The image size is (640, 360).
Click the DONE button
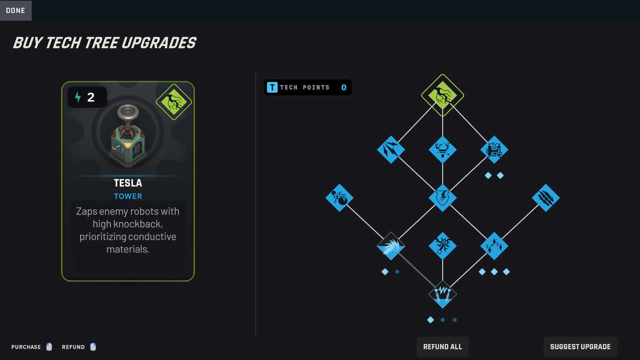coord(16,10)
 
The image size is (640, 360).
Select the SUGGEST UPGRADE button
coord(580,347)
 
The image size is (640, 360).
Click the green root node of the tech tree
coord(442,95)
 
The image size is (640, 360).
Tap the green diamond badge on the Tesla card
coord(174,102)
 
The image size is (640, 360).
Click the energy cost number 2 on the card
coord(91,97)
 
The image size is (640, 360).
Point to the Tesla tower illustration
coord(128,136)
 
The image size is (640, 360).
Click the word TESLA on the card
coord(128,183)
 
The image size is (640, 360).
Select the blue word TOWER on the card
coord(128,196)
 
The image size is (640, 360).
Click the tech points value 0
coord(344,87)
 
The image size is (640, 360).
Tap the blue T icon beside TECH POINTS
coord(272,87)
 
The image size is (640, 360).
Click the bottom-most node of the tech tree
coord(442,294)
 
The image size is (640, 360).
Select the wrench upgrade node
coord(442,246)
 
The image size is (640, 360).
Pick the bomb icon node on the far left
coord(340,198)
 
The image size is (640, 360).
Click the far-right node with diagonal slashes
coord(546,198)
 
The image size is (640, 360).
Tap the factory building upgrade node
coord(494,150)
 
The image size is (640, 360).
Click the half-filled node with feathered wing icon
coord(391,246)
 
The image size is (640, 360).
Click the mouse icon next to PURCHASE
coord(49,347)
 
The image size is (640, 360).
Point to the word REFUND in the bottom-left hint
coord(73,347)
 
